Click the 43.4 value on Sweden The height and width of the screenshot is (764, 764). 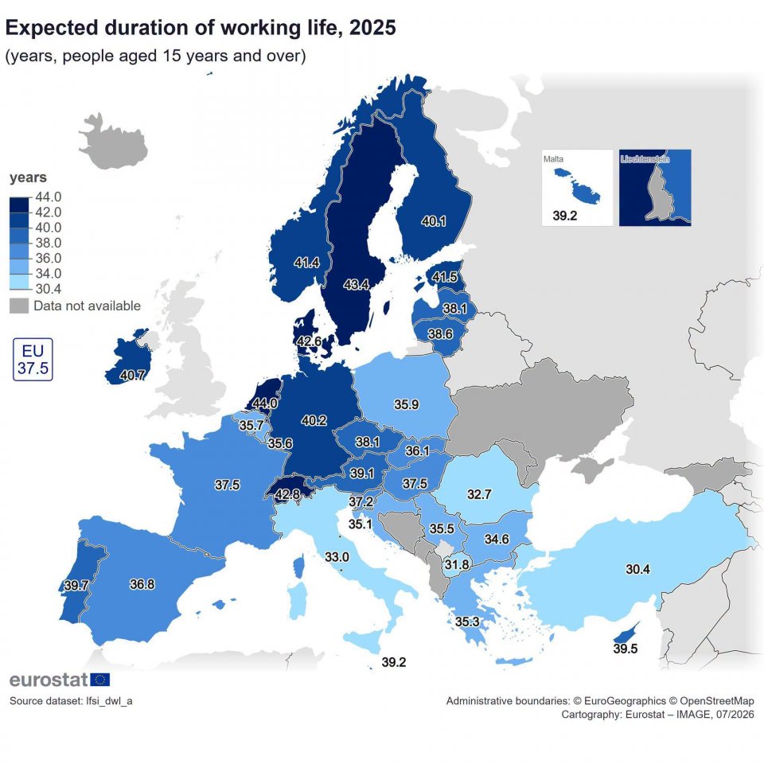[x=356, y=285]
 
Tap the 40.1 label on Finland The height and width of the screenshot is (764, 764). [x=433, y=221]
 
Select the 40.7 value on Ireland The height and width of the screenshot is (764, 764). [x=132, y=375]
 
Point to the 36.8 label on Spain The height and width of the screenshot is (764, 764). [x=142, y=583]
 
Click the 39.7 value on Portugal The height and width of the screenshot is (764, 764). [x=76, y=585]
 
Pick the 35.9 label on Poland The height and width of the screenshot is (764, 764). [x=407, y=404]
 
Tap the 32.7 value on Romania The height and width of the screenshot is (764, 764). [x=479, y=494]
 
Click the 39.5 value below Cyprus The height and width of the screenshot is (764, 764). [x=626, y=649]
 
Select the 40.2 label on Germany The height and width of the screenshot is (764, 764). [x=314, y=420]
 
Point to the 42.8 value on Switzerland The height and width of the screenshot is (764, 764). [x=287, y=494]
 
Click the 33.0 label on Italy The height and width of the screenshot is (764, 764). [x=337, y=556]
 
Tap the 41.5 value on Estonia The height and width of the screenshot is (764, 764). [x=444, y=277]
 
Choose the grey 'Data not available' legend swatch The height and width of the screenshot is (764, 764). [x=19, y=306]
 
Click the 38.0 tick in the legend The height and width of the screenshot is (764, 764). [x=49, y=243]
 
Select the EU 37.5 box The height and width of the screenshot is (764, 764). [x=33, y=359]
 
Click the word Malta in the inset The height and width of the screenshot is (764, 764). [x=553, y=159]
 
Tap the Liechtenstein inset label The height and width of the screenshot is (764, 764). [x=645, y=159]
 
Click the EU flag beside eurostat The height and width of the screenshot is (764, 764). [x=100, y=679]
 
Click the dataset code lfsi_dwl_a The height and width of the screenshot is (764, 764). [x=109, y=700]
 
